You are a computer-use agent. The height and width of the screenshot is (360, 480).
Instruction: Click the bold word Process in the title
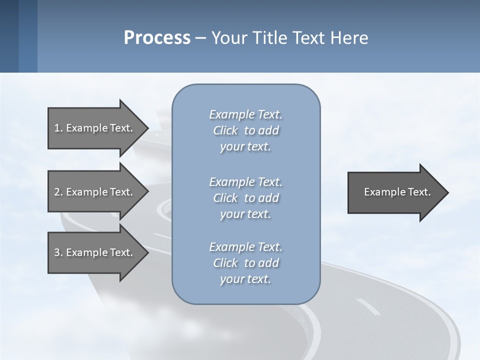pyautogui.click(x=157, y=37)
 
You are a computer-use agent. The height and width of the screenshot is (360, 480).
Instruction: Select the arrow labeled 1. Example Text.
pyautogui.click(x=93, y=128)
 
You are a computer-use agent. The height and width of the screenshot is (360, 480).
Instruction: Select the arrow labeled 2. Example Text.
pyautogui.click(x=93, y=192)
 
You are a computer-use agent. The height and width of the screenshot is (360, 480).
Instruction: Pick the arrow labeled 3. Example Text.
pyautogui.click(x=93, y=252)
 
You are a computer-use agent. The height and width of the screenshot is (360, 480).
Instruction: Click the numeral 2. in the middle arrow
pyautogui.click(x=58, y=192)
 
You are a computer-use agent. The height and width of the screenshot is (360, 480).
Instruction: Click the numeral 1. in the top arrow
pyautogui.click(x=58, y=128)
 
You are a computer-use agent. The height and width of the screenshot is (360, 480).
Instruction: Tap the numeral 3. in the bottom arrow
pyautogui.click(x=58, y=252)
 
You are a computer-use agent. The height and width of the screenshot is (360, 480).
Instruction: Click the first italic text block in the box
pyautogui.click(x=245, y=130)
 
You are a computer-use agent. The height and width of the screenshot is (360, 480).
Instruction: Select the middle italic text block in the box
pyautogui.click(x=245, y=197)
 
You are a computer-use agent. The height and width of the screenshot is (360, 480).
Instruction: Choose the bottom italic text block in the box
pyautogui.click(x=245, y=263)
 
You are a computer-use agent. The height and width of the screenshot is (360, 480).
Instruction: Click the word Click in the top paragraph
pyautogui.click(x=225, y=130)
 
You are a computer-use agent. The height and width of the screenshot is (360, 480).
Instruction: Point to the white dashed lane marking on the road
pyautogui.click(x=368, y=307)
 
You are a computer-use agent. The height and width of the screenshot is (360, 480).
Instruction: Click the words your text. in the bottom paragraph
pyautogui.click(x=245, y=279)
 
